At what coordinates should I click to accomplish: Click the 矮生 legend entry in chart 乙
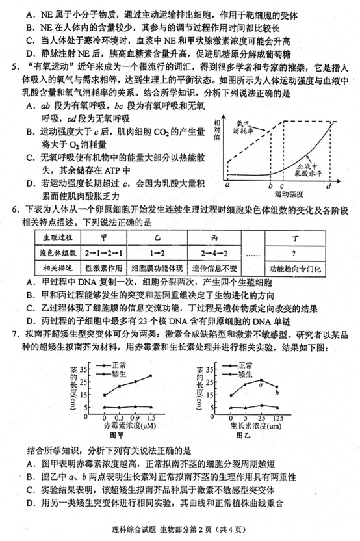(x=244, y=374)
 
